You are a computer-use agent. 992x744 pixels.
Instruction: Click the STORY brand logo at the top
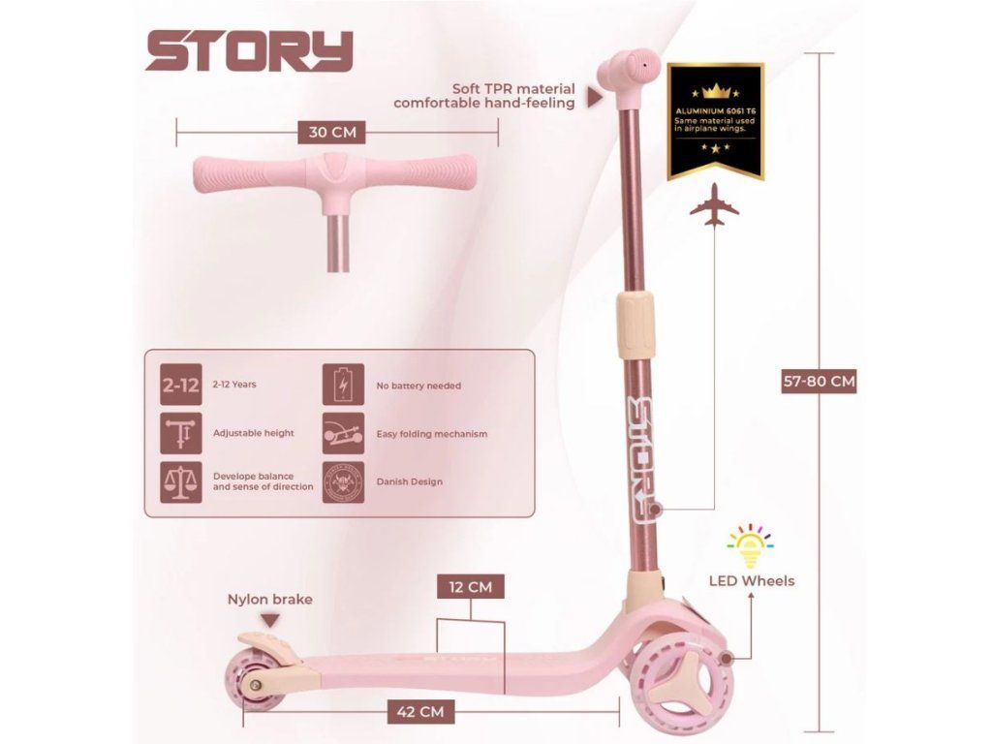pyautogui.click(x=249, y=51)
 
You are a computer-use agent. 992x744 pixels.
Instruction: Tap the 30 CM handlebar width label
pyautogui.click(x=331, y=133)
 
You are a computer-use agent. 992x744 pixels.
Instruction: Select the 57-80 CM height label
pyautogui.click(x=819, y=381)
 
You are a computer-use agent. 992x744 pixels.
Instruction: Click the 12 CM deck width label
pyautogui.click(x=470, y=586)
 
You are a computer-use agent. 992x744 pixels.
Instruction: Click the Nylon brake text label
pyautogui.click(x=269, y=599)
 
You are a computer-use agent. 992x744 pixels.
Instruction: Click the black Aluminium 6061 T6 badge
pyautogui.click(x=716, y=121)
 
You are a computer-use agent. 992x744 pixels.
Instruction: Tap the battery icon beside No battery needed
pyautogui.click(x=343, y=385)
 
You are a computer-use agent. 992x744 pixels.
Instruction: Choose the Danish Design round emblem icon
pyautogui.click(x=343, y=480)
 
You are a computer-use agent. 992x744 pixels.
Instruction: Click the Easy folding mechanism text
pyautogui.click(x=431, y=433)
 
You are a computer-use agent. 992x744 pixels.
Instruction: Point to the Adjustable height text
pyautogui.click(x=253, y=433)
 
